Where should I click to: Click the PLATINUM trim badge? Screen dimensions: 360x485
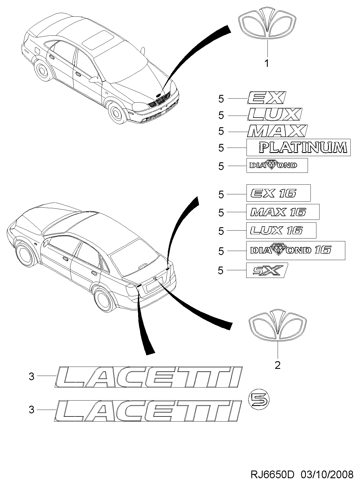tap(298, 147)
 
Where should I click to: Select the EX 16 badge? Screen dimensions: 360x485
tap(278, 193)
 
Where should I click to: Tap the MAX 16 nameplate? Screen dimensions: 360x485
tap(283, 212)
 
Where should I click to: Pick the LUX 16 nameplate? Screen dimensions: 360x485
tap(281, 230)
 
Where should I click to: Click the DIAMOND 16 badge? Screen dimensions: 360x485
tap(295, 250)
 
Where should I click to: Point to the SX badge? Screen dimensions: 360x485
tap(267, 270)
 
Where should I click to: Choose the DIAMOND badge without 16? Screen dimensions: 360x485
tap(277, 165)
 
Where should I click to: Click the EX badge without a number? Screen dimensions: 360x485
tap(266, 98)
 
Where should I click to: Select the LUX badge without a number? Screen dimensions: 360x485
tap(274, 114)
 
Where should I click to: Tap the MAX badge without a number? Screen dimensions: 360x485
tap(277, 131)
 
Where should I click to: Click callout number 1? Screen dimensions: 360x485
tap(266, 63)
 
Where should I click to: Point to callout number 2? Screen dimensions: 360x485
tap(277, 365)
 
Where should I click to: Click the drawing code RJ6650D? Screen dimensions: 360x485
tap(272, 475)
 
